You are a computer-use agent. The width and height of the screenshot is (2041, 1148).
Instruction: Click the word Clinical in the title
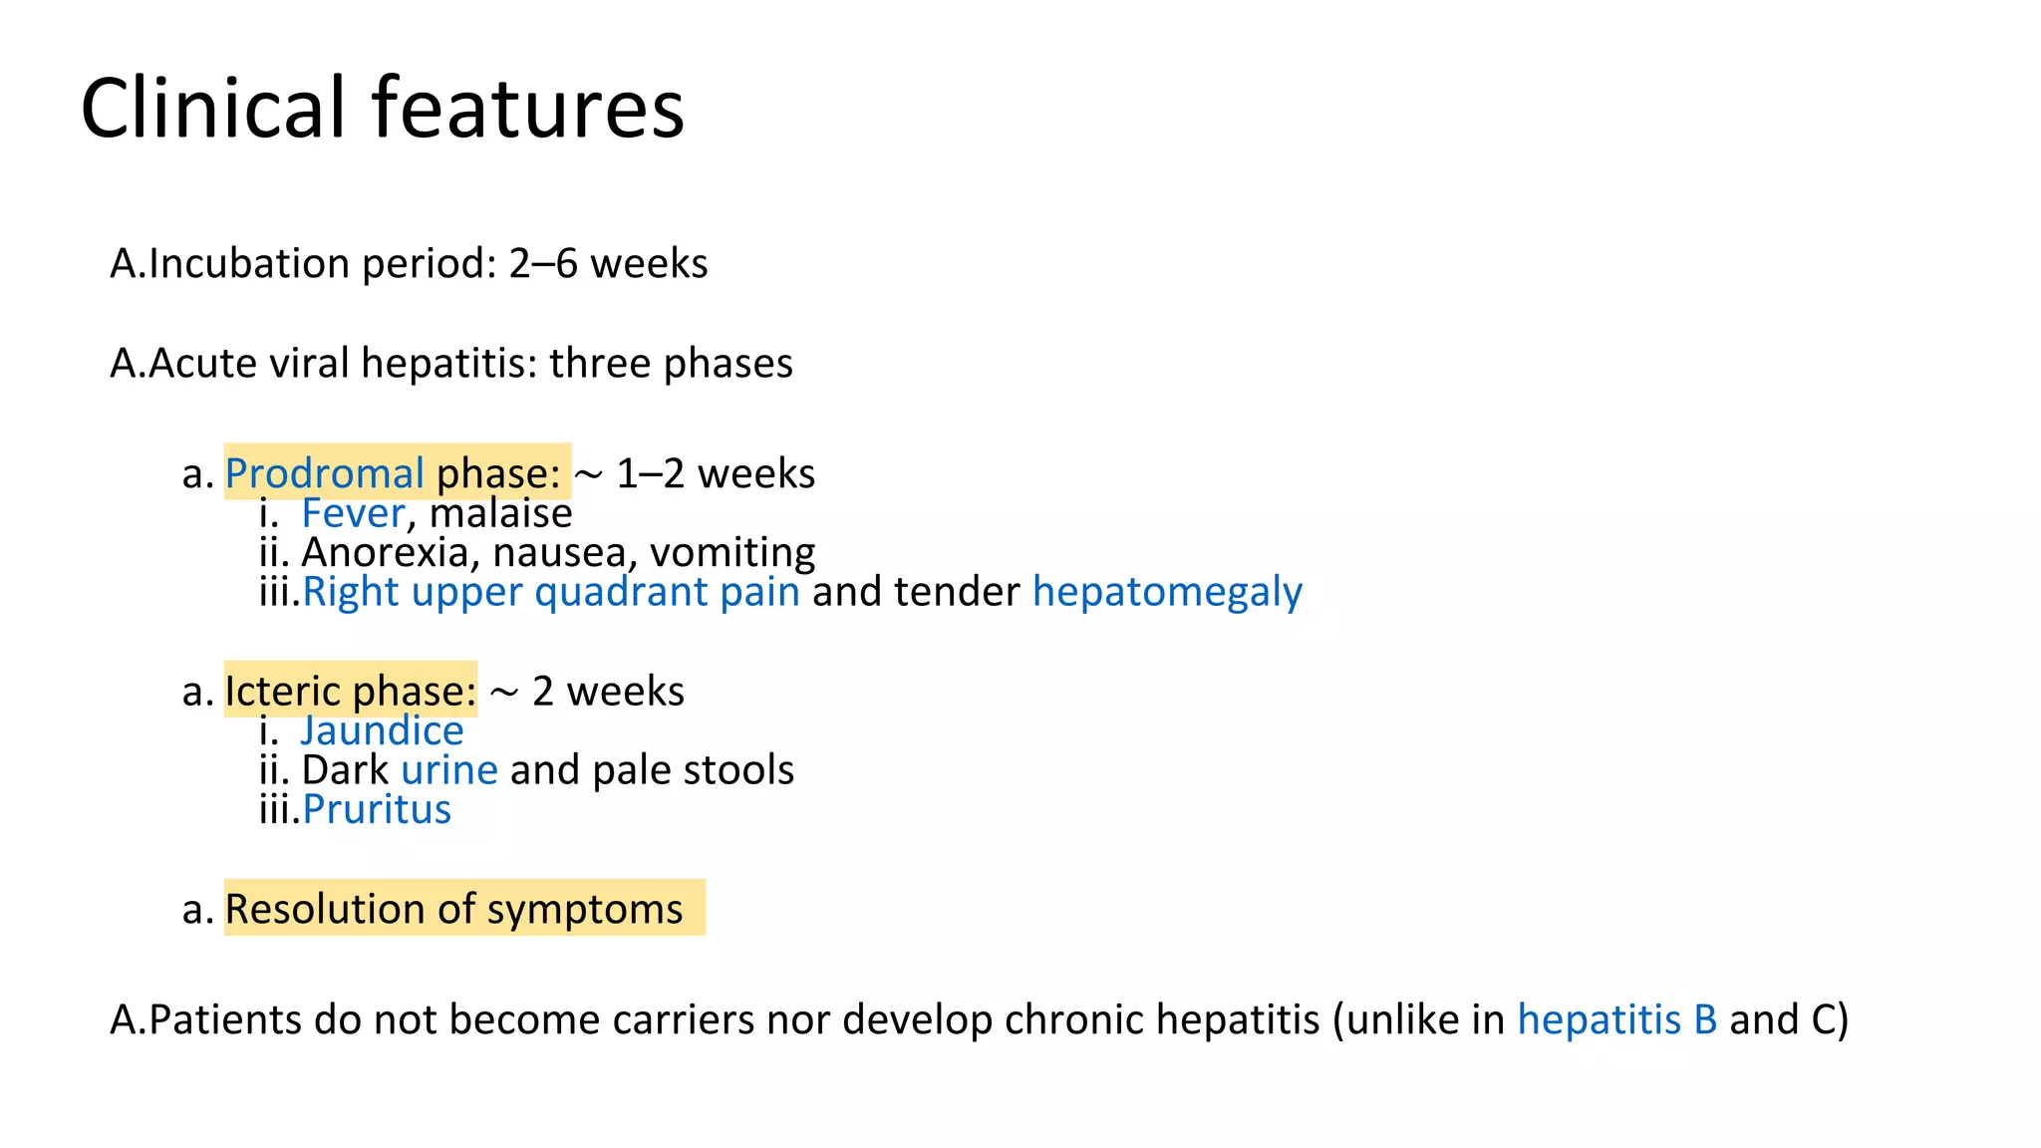click(212, 108)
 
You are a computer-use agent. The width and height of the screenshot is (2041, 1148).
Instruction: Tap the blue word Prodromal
click(325, 473)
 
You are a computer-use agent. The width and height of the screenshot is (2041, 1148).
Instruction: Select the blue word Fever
click(353, 513)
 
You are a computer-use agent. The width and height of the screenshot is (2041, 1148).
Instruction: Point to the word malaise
click(500, 513)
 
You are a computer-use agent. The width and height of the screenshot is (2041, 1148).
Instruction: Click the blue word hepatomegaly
click(1167, 592)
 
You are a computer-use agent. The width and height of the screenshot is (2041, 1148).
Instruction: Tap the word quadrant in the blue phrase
click(621, 592)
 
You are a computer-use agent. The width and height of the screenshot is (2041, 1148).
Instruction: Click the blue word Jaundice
click(382, 730)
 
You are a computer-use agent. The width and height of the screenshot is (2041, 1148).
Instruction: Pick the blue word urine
click(449, 770)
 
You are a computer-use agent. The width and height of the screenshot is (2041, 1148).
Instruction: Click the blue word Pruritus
click(377, 809)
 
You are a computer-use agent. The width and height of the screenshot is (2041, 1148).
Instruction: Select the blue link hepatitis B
click(1616, 1019)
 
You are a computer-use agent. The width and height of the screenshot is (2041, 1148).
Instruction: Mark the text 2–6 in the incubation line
click(543, 264)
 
